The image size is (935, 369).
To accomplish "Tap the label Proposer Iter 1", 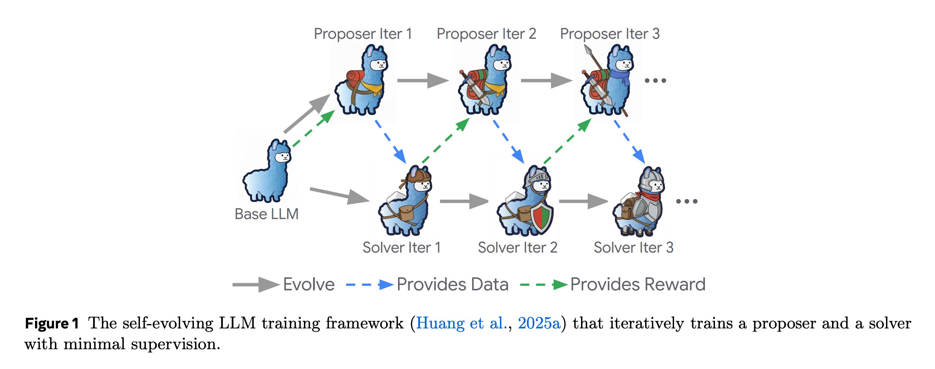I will [x=362, y=34].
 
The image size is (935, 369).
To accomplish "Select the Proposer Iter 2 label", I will [x=486, y=34].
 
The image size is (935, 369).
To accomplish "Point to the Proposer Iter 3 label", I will [x=610, y=34].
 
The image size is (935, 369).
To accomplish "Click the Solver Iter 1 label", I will [x=402, y=248].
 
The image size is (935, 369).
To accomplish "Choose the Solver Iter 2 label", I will [x=517, y=248].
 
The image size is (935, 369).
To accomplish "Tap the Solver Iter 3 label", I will [x=633, y=248].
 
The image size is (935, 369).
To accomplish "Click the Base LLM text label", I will [x=267, y=214].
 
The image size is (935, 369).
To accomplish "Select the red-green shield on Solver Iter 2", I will [x=542, y=218].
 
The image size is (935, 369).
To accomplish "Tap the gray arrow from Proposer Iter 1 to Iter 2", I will [x=423, y=80].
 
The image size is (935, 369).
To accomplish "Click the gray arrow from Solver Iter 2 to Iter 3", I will [x=583, y=201].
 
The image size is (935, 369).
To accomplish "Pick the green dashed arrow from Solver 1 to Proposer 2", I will [x=445, y=140].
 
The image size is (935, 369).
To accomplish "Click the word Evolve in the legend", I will [x=308, y=284].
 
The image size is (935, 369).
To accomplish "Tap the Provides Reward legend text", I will [x=637, y=284].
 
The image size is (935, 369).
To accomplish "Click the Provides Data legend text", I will [x=452, y=284].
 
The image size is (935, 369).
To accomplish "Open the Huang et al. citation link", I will [x=461, y=323].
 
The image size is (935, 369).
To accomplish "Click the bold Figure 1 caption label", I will [x=52, y=323].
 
